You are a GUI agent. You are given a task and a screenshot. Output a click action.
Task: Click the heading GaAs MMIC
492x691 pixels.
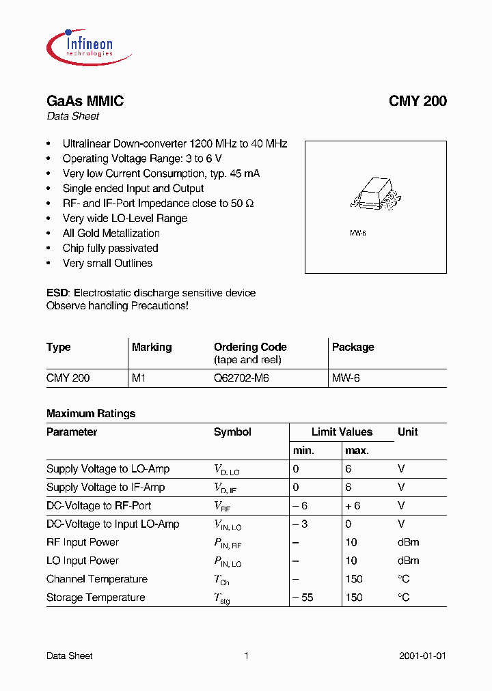(x=85, y=101)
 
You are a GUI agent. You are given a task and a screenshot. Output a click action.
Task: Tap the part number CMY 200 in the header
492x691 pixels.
(x=418, y=101)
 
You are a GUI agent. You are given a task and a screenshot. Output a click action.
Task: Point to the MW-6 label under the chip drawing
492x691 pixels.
(x=358, y=234)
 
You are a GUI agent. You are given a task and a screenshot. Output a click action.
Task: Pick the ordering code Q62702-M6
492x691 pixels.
(x=241, y=378)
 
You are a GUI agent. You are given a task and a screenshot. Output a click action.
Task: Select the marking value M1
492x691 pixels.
(x=139, y=378)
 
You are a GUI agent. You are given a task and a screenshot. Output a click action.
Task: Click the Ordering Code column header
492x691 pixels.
(x=250, y=347)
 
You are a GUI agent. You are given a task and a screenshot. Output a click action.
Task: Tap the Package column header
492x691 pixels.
(x=353, y=347)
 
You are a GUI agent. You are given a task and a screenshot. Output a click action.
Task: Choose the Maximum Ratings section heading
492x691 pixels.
(x=91, y=413)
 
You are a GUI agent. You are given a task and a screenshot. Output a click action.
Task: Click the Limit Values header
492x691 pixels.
(x=342, y=432)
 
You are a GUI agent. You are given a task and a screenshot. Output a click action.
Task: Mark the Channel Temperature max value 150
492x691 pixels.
(x=354, y=579)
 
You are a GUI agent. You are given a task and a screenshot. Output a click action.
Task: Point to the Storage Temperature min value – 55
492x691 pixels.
(x=304, y=597)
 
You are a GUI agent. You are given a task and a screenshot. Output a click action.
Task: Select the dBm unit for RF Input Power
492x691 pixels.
(x=408, y=542)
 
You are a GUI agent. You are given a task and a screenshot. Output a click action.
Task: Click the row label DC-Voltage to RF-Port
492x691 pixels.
(x=98, y=505)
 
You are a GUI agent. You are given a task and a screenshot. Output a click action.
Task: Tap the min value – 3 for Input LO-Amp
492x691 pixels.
(x=301, y=524)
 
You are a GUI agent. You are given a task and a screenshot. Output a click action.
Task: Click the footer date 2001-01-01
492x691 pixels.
(x=422, y=655)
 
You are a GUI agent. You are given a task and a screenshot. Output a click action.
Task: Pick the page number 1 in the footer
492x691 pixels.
(x=246, y=655)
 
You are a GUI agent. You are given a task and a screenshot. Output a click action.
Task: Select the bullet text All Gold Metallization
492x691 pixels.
(x=111, y=234)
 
